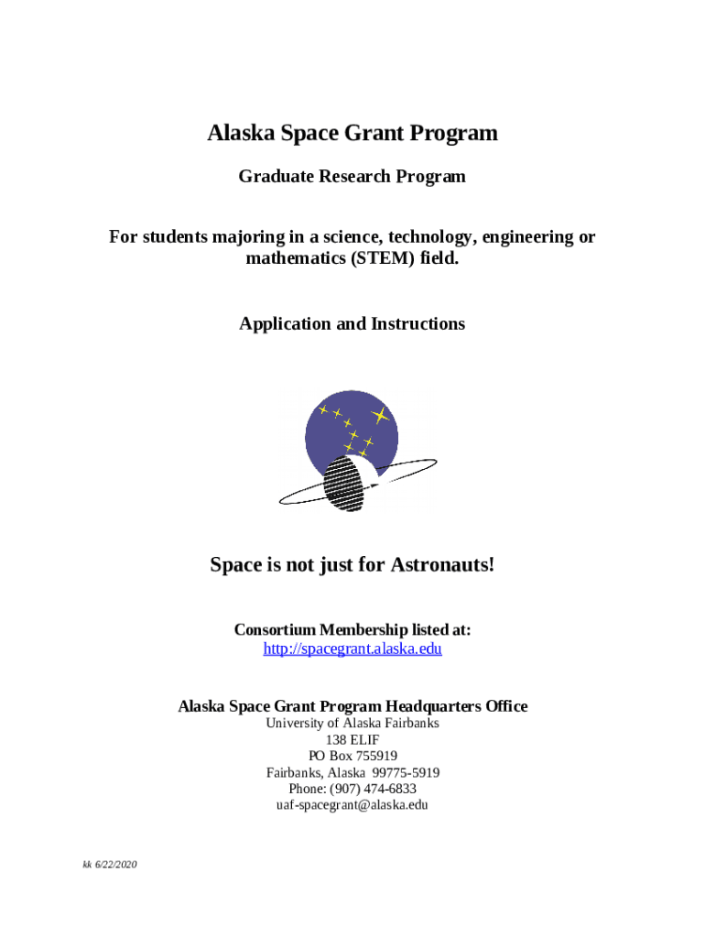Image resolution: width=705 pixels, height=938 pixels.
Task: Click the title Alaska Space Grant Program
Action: (x=352, y=134)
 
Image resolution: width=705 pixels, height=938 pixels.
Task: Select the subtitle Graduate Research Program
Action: (x=352, y=177)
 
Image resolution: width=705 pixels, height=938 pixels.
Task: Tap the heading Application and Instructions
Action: (x=352, y=324)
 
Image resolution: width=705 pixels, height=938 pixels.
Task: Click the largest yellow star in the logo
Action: (x=381, y=416)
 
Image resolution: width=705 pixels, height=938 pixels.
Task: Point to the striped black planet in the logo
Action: (x=347, y=483)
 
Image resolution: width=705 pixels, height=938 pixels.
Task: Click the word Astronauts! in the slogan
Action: (x=443, y=565)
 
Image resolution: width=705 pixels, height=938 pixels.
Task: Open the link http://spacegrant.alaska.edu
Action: (x=352, y=649)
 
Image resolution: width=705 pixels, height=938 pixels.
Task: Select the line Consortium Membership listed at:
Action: (x=352, y=630)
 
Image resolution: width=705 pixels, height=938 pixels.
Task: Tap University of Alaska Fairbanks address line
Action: (x=352, y=724)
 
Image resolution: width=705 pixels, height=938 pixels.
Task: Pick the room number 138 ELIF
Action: (x=352, y=740)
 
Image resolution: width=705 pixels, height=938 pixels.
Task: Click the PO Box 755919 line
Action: (x=352, y=757)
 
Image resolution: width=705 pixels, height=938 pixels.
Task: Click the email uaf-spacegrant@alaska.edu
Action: (x=352, y=806)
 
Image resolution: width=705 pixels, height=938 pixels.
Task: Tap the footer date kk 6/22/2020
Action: (x=107, y=865)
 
